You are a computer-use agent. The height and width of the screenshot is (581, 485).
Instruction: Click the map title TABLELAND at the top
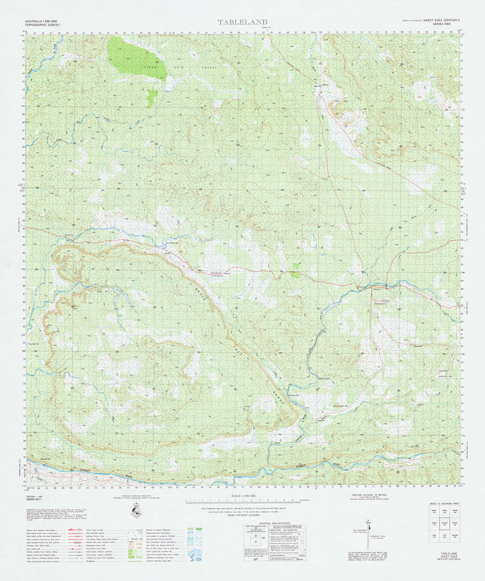click(x=242, y=22)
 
